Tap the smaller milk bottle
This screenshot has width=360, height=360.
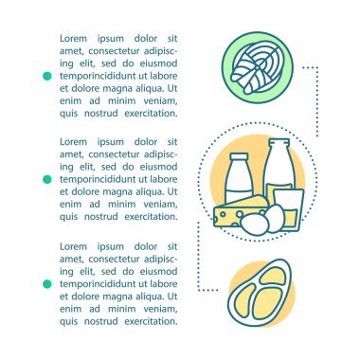239,179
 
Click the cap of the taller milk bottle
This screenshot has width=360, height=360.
279,143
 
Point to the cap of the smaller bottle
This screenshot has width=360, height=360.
239,157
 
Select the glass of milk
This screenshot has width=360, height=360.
289,208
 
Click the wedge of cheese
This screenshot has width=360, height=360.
240,211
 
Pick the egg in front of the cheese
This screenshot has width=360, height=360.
255,225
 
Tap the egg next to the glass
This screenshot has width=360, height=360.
275,218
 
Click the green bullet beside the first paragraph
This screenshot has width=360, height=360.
47,76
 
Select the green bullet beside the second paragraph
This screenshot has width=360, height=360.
47,179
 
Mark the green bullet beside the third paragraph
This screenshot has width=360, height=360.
47,284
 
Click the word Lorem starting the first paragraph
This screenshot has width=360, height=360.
73,39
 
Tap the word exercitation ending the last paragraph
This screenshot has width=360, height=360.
151,321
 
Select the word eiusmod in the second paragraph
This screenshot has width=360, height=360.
158,167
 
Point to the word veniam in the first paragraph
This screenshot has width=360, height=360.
160,101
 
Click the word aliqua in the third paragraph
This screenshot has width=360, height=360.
150,297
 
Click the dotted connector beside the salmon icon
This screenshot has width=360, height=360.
317,101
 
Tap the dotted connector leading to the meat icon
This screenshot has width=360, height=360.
198,256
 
